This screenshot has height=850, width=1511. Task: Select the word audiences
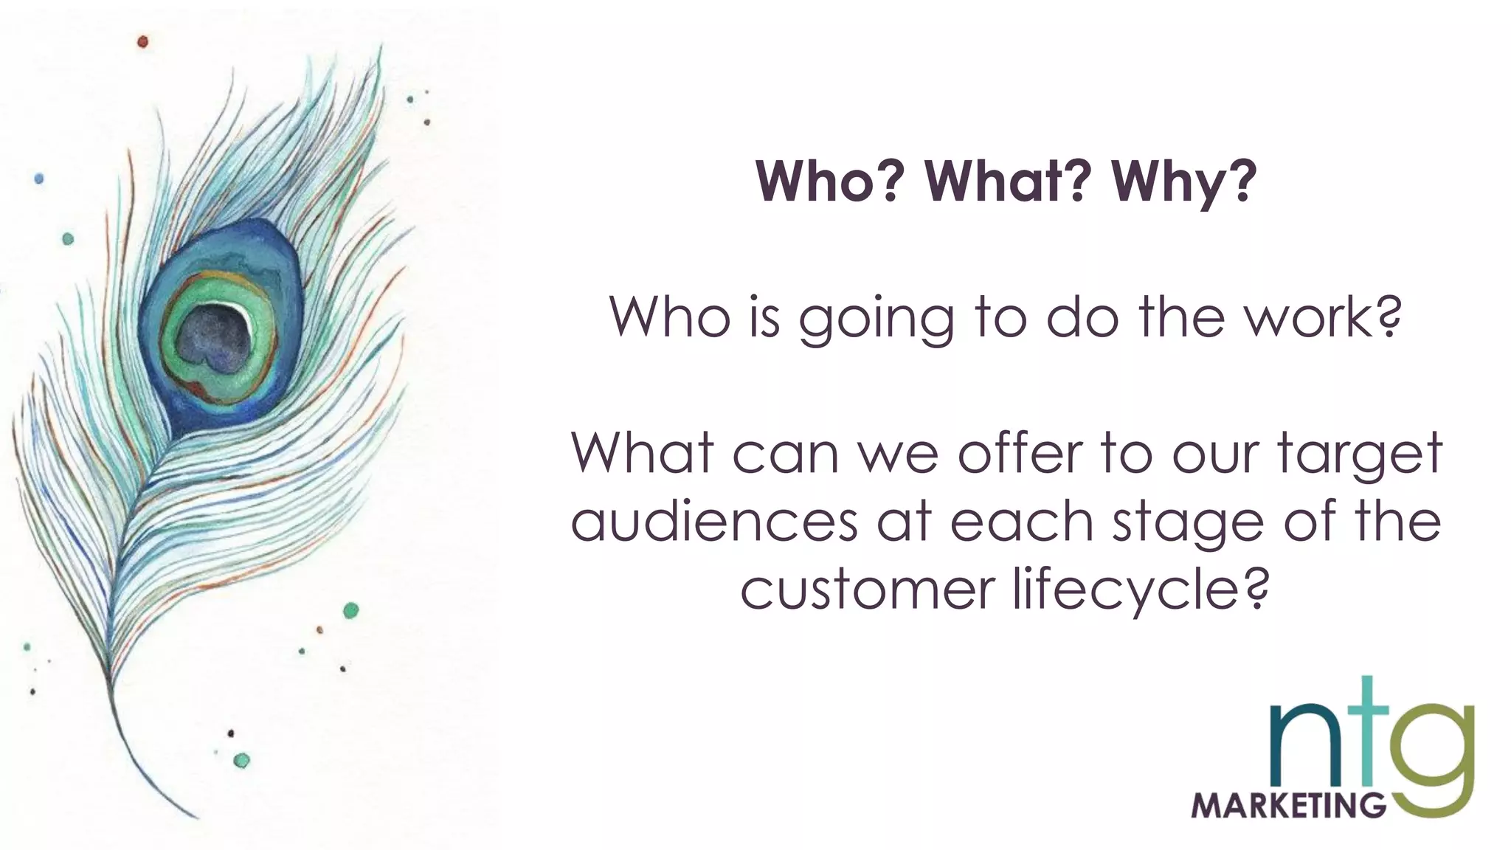[x=713, y=521]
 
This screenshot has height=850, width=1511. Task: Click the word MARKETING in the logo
[x=1288, y=805]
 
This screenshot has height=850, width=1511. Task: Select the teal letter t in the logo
[x=1367, y=738]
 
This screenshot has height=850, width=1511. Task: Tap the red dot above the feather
[x=143, y=42]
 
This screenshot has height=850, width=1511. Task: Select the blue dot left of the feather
[x=39, y=179]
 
